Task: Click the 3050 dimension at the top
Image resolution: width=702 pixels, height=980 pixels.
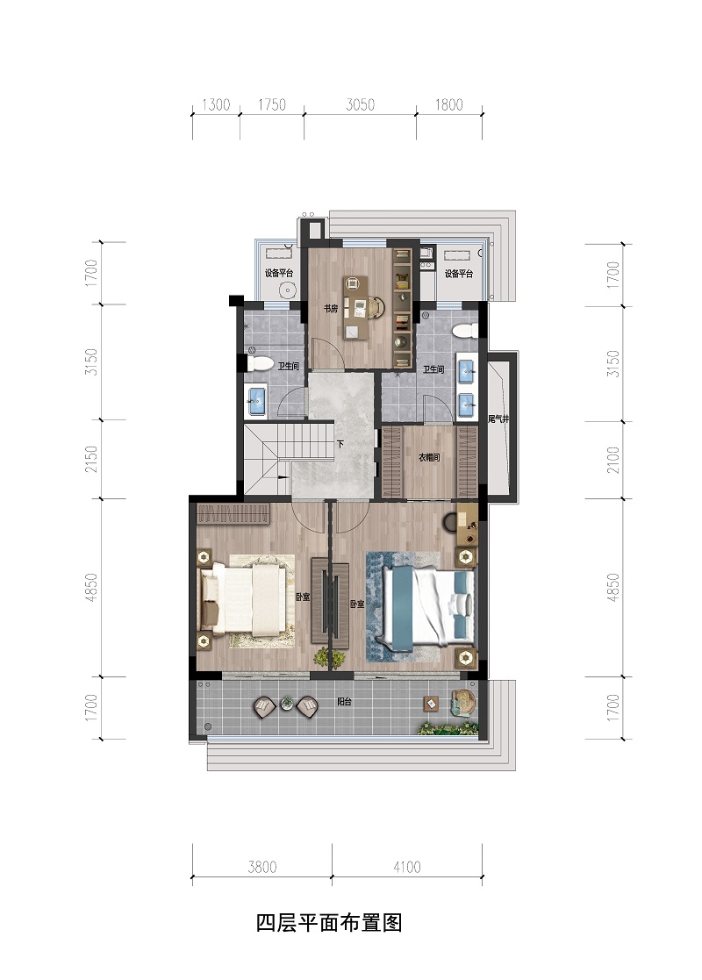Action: [x=360, y=104]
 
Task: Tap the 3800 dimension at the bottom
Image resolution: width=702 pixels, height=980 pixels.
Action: [x=261, y=867]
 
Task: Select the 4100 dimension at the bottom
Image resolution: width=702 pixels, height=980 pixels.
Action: [x=407, y=867]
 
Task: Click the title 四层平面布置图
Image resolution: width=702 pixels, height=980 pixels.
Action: [x=329, y=922]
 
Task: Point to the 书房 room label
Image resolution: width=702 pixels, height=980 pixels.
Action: [x=331, y=308]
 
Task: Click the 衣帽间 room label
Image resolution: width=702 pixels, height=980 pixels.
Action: [x=429, y=457]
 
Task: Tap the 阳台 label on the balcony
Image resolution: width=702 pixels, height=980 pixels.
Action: [x=344, y=702]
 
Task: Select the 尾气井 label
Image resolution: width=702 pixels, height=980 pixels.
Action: [x=498, y=418]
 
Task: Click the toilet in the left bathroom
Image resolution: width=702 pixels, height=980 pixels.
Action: [x=260, y=363]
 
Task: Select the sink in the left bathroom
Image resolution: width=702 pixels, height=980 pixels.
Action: [x=257, y=401]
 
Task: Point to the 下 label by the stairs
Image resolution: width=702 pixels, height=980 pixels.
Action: [x=340, y=445]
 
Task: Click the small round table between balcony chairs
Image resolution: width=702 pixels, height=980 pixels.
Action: [x=287, y=703]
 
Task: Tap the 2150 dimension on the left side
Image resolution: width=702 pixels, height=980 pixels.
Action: [x=91, y=459]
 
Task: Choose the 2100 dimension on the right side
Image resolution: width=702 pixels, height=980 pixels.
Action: [x=613, y=460]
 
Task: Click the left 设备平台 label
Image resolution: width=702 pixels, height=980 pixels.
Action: [x=279, y=273]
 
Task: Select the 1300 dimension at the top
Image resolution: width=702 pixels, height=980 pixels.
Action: [x=216, y=104]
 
